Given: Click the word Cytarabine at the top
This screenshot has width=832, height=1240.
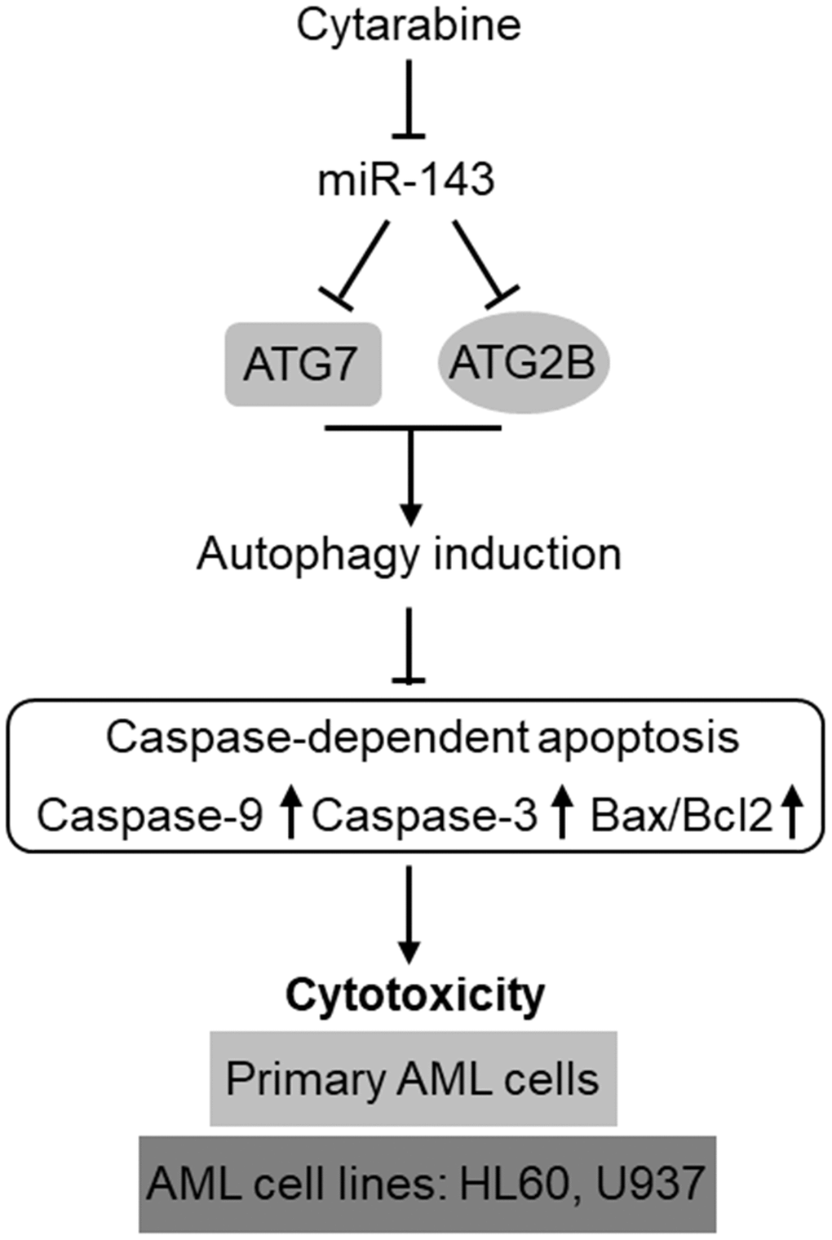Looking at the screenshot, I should tap(409, 24).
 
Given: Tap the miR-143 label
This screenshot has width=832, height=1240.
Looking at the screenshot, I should tap(405, 180).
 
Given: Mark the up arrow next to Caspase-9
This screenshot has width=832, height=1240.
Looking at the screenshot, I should tap(290, 815).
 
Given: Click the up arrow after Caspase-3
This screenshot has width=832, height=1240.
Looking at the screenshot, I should tap(560, 815).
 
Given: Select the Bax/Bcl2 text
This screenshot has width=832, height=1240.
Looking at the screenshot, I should tap(682, 816).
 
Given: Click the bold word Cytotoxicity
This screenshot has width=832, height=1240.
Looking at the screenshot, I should tap(414, 994).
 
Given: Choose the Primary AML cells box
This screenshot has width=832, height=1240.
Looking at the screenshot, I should tap(413, 1078).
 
